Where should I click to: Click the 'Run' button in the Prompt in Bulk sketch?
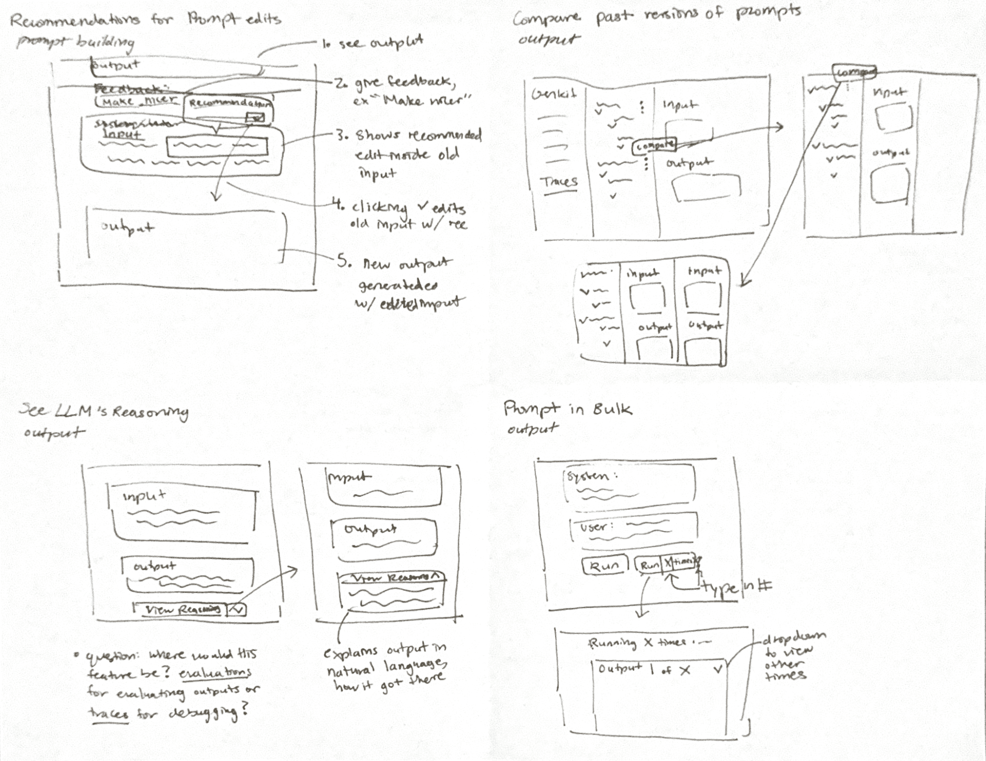[x=604, y=565]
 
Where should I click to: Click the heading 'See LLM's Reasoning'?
[x=103, y=412]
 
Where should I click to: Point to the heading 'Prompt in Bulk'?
[x=567, y=409]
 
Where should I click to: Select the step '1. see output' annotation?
[x=373, y=42]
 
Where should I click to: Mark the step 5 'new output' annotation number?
[x=343, y=262]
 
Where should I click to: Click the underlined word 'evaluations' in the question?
[x=215, y=673]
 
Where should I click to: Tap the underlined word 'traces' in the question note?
[x=108, y=713]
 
